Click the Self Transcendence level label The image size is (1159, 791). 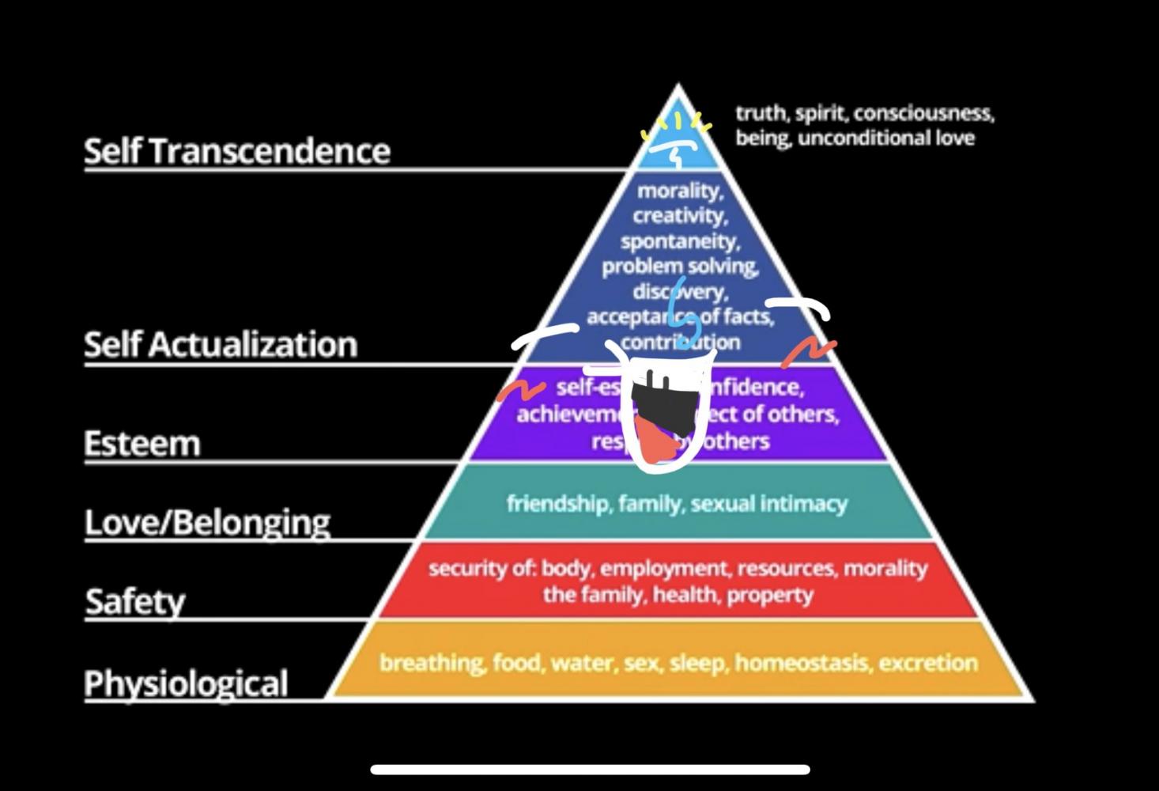pos(237,150)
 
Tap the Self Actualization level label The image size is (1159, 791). pos(221,344)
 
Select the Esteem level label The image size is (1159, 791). pos(142,443)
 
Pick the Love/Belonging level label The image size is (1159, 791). pos(207,522)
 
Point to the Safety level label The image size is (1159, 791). pos(135,601)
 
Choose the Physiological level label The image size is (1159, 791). pos(186,683)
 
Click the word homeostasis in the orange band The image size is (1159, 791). pos(802,663)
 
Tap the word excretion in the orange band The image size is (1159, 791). pos(928,663)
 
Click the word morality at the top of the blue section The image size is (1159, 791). pos(680,191)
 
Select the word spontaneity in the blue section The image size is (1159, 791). pos(680,240)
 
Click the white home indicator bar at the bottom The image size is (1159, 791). pos(590,769)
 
